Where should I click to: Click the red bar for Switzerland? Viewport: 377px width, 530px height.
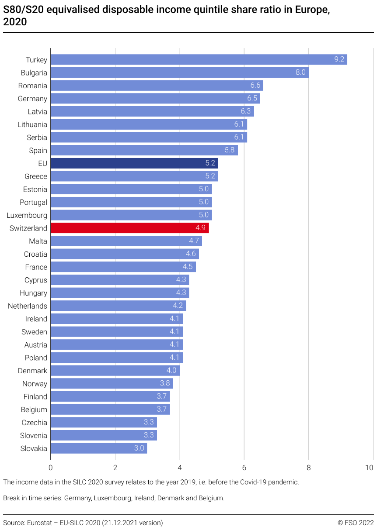(129, 228)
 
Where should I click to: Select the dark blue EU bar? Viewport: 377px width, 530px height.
(134, 164)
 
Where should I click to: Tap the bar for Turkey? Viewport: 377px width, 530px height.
(199, 60)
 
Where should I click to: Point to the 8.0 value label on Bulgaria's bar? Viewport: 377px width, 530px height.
(300, 72)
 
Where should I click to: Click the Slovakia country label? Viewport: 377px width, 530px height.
(34, 448)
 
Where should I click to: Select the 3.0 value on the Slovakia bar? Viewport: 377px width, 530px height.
(139, 448)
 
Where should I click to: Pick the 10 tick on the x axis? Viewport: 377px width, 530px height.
(369, 468)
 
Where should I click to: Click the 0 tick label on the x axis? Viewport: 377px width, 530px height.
(51, 468)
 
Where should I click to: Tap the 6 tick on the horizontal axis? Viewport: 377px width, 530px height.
(244, 468)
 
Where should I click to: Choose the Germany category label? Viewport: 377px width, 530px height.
(32, 99)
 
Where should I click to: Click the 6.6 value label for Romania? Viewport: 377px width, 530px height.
(255, 86)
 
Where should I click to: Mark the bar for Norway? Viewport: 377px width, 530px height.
(112, 384)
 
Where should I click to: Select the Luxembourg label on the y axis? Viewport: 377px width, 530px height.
(27, 215)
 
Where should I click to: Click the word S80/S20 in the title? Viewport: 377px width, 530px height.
(23, 10)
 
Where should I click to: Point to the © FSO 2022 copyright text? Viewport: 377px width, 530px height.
(356, 523)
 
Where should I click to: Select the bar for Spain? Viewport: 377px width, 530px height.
(144, 151)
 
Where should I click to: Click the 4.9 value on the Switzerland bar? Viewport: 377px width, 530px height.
(201, 228)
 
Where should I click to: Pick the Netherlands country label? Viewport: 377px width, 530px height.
(27, 306)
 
